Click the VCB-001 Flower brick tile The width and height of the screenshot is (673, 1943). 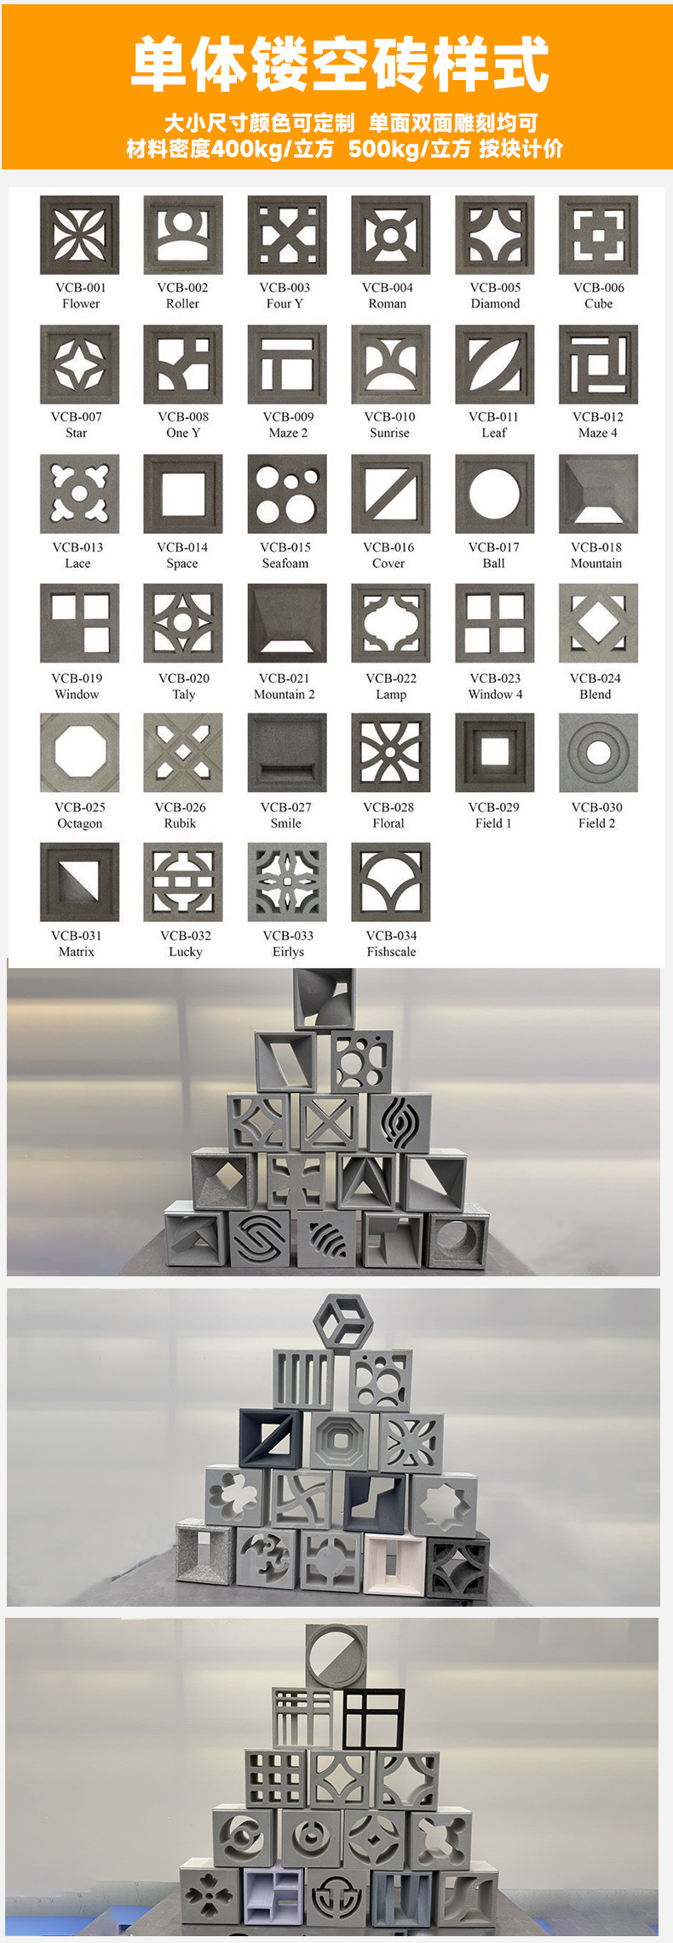click(x=79, y=235)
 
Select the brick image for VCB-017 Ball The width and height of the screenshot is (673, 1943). click(x=495, y=494)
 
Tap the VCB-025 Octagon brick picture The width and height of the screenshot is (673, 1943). click(x=79, y=753)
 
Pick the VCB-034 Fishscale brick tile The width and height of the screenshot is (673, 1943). click(x=391, y=882)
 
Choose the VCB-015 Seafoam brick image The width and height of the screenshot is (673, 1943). click(x=287, y=494)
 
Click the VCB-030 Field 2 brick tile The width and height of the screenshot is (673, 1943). click(x=599, y=753)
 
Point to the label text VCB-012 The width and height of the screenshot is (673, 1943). click(x=598, y=417)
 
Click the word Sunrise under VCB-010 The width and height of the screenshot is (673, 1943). click(x=389, y=433)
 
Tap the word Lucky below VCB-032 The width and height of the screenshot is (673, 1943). click(x=186, y=952)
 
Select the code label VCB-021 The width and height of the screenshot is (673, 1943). click(x=285, y=679)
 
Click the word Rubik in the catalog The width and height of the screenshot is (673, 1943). click(x=181, y=823)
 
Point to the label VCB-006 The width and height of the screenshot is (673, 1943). click(x=599, y=288)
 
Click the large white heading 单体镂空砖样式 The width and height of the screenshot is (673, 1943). click(x=340, y=65)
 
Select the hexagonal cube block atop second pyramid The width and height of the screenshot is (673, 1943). click(x=342, y=1322)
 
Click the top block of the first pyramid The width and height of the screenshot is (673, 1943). click(x=324, y=998)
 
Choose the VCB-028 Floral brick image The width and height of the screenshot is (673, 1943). click(x=391, y=753)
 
